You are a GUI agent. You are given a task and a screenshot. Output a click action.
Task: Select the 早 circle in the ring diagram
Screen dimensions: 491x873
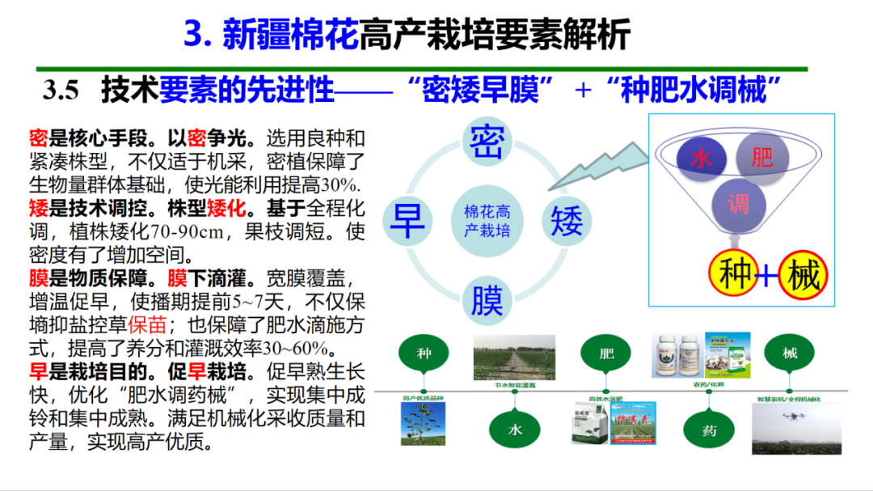point(408,220)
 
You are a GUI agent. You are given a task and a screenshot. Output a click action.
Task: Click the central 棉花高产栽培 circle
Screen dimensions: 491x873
point(487,221)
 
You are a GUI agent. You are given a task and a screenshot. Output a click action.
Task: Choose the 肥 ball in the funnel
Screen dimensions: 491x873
point(761,156)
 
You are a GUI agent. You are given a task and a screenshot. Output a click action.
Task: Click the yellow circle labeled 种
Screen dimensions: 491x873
point(736,275)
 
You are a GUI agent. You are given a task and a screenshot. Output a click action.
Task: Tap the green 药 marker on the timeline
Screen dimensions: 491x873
point(709,430)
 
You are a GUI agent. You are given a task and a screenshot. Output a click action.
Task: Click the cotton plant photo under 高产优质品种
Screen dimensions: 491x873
point(423,424)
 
